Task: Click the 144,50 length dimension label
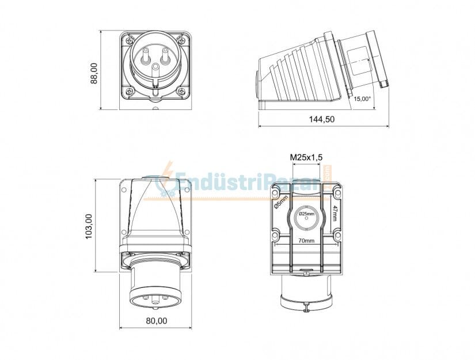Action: [x=322, y=119]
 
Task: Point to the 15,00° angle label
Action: [x=362, y=98]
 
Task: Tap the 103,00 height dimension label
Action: [x=89, y=226]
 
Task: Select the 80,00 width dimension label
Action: [x=155, y=320]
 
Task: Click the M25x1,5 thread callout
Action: [x=306, y=157]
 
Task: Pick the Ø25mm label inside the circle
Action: [x=306, y=214]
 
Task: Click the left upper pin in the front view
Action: [x=144, y=57]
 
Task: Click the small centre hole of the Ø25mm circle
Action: [x=306, y=219]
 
